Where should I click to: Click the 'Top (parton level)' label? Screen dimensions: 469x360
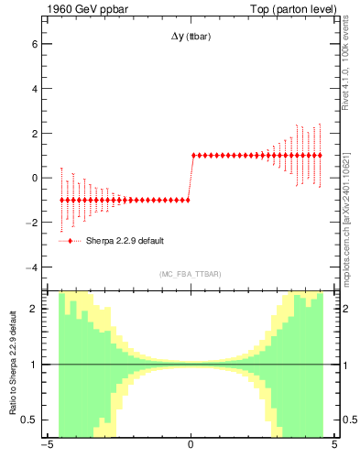click(297, 8)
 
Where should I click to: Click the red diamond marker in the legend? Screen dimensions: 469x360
click(71, 241)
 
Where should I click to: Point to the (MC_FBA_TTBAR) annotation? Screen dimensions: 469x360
click(190, 275)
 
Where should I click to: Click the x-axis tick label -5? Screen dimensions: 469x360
click(45, 446)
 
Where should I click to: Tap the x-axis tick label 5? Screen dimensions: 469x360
click(334, 446)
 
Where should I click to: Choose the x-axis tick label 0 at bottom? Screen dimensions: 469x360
click(191, 446)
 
